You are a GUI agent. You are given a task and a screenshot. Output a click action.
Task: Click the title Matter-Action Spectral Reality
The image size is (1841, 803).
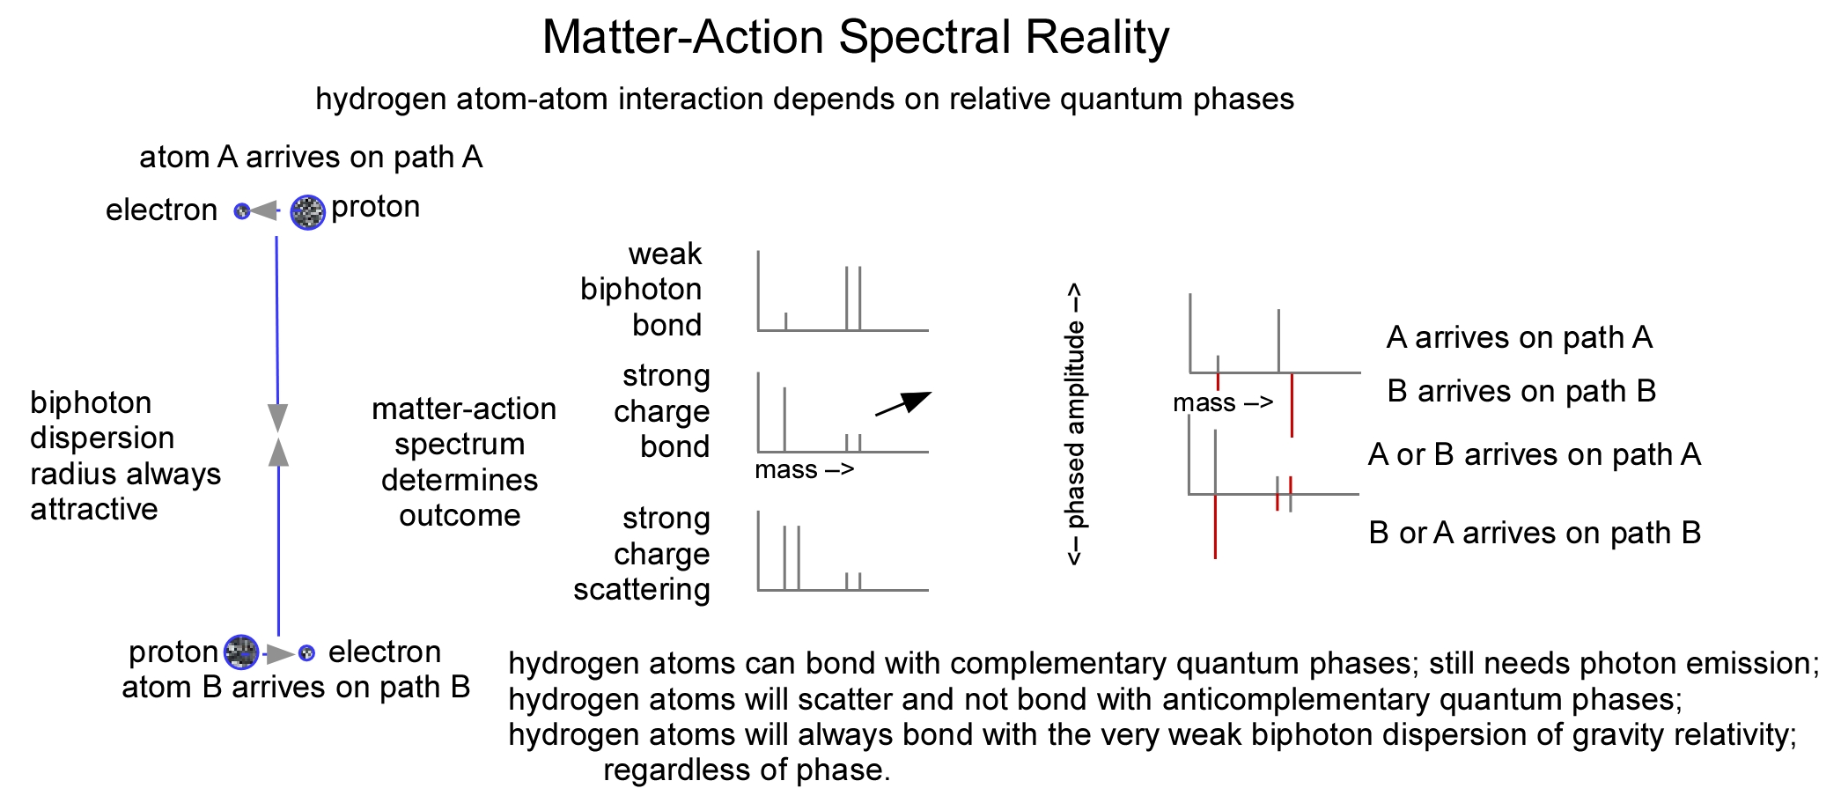coord(855,38)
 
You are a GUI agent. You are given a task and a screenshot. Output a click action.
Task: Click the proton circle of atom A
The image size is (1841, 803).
coord(307,212)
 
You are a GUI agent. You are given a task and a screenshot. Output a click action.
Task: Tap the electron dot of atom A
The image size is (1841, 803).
coord(241,211)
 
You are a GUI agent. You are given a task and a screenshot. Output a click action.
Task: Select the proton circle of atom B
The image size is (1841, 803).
coord(240,652)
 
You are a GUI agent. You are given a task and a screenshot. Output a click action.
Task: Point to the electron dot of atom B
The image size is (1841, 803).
coord(306,653)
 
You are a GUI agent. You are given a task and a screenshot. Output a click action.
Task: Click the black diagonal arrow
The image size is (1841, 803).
coord(903,404)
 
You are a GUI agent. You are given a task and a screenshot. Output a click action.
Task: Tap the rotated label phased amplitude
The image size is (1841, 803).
coord(1074,424)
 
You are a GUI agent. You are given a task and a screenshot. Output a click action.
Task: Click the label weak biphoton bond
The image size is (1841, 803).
coord(642,290)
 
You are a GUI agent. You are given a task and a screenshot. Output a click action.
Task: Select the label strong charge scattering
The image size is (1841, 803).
coord(643,554)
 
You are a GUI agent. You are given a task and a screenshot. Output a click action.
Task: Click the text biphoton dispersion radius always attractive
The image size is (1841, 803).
coord(124,456)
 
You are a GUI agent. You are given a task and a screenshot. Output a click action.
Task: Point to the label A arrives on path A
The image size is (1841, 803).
coord(1519,337)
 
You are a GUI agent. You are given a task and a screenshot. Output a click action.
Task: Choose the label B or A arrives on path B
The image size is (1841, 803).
coord(1534,533)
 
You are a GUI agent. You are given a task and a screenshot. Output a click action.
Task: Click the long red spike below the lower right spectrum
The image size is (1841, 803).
coord(1215,527)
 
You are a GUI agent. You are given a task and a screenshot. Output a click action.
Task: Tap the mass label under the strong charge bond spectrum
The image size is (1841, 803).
coord(804,470)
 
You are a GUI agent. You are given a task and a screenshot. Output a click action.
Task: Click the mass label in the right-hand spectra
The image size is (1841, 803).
coord(1222,403)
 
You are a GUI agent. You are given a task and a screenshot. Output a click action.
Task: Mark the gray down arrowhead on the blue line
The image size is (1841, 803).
coord(278,417)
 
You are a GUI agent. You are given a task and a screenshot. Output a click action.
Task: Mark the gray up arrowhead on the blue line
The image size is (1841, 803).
coord(278,453)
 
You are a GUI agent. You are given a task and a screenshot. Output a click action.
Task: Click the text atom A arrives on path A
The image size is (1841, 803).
coord(311,158)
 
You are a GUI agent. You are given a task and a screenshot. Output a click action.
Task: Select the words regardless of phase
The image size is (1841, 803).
coord(747,770)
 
